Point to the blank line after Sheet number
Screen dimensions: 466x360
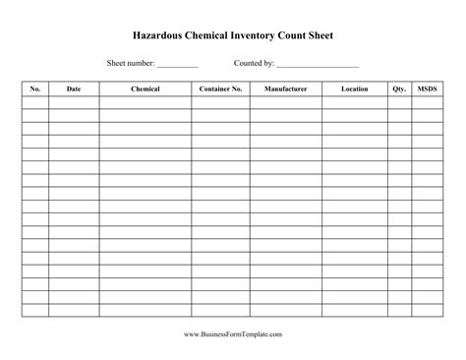click(x=177, y=65)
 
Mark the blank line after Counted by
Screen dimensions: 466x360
click(x=318, y=65)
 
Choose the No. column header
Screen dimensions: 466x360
click(x=35, y=90)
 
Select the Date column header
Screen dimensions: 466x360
click(x=74, y=90)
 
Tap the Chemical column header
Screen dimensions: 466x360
click(x=146, y=90)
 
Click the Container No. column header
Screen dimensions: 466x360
click(x=220, y=90)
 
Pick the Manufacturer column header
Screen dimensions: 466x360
click(x=285, y=90)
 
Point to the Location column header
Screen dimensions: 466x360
click(x=354, y=90)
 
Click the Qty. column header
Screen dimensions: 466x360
click(x=399, y=90)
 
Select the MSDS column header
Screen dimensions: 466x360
click(x=428, y=90)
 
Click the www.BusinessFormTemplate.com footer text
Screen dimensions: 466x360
click(x=233, y=335)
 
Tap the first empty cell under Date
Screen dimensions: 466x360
click(x=74, y=102)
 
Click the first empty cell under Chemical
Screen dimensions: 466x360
click(x=146, y=102)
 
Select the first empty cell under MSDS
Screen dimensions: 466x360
click(x=428, y=102)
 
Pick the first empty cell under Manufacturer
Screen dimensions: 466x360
click(x=285, y=102)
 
